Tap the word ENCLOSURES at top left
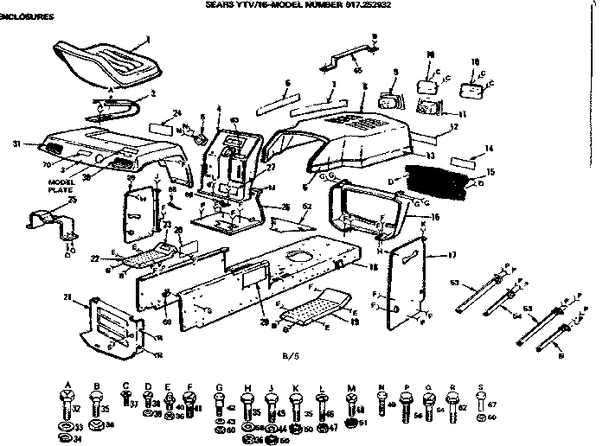(27, 16)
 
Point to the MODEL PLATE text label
(61, 185)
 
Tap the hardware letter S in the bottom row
(483, 386)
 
